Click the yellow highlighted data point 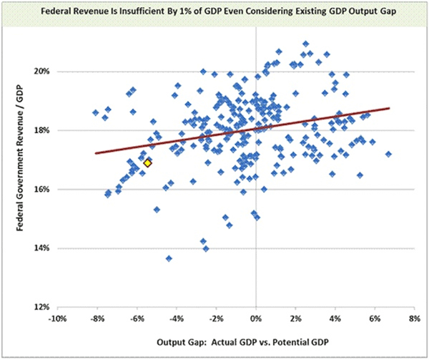[x=147, y=163]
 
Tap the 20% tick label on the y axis [x=37, y=72]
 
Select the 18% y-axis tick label [x=37, y=130]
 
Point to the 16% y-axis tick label [x=37, y=190]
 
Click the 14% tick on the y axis [x=37, y=248]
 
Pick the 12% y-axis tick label [x=37, y=307]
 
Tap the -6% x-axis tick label [x=137, y=316]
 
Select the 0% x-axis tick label [x=256, y=316]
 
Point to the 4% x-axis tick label [x=335, y=316]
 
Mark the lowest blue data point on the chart [x=169, y=258]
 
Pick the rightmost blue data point [x=388, y=154]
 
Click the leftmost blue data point [x=96, y=112]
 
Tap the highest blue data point [x=306, y=44]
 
